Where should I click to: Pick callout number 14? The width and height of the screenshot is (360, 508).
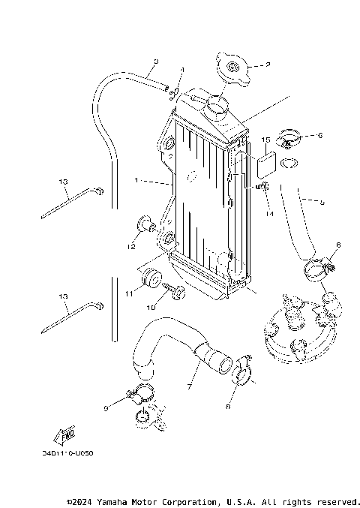[268, 214]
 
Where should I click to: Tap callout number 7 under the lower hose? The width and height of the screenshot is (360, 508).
[188, 386]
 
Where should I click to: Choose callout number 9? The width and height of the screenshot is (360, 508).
[106, 408]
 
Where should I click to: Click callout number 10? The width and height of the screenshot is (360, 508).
[150, 307]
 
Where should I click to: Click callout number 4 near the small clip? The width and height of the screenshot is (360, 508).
[181, 70]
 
